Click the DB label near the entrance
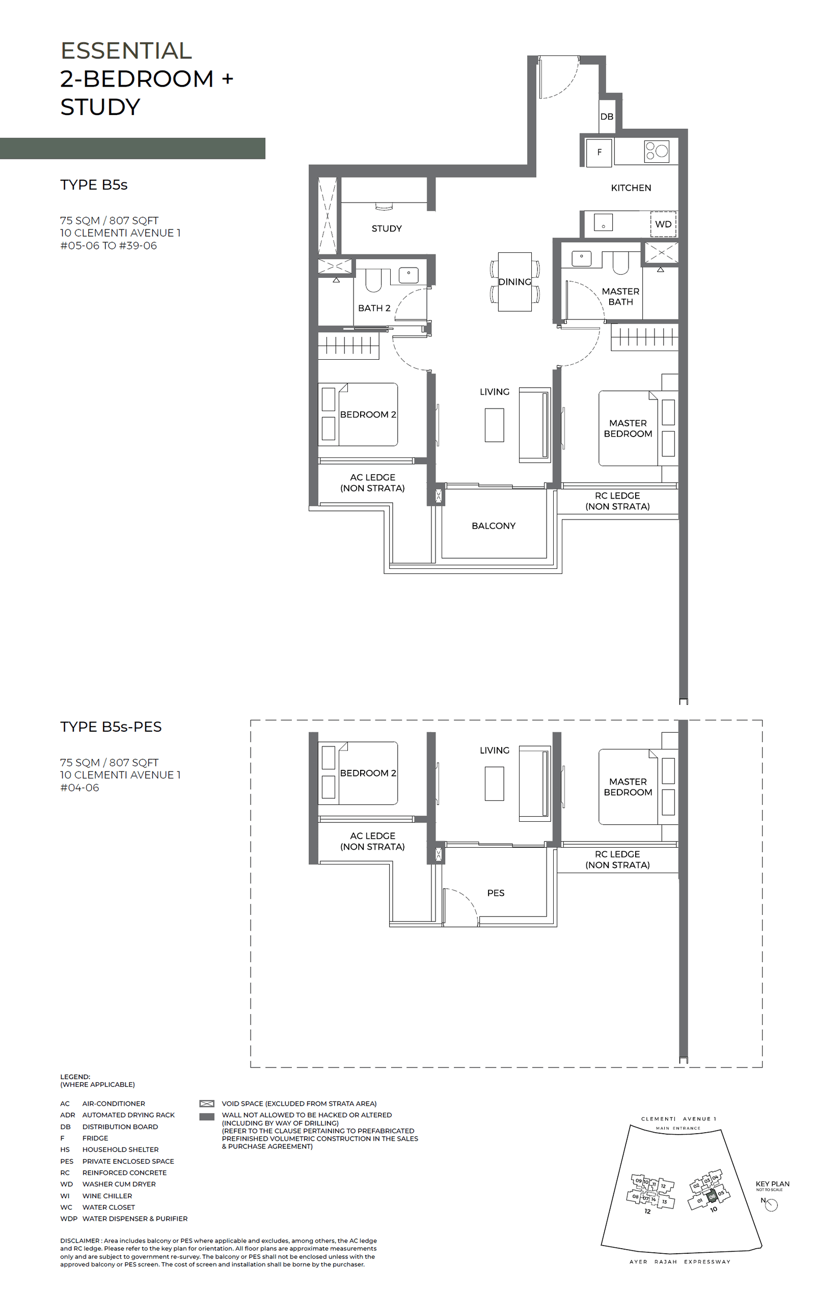click(607, 116)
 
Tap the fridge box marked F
click(599, 152)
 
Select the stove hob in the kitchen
click(656, 151)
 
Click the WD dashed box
click(663, 224)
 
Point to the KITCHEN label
click(631, 188)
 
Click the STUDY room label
click(386, 228)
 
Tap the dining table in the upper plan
click(514, 281)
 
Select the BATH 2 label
click(374, 308)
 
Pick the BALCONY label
click(494, 526)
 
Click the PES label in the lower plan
click(496, 893)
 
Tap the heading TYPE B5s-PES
click(111, 727)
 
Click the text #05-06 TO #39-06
click(108, 246)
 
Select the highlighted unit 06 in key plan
click(712, 1196)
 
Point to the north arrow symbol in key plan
click(771, 1205)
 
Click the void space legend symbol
click(207, 1103)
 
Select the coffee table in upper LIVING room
click(494, 425)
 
